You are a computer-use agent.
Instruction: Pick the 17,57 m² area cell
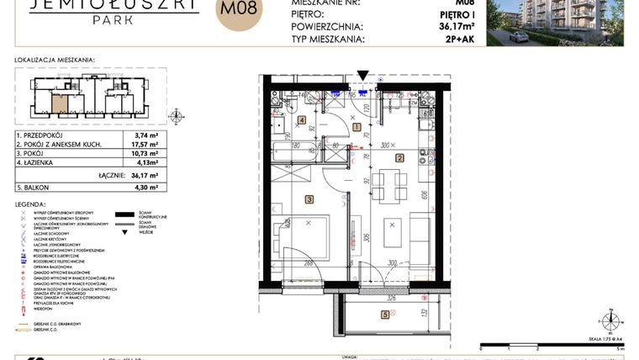coord(147,145)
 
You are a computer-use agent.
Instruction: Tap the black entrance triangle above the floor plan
coord(362,76)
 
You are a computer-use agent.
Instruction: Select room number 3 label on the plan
coord(309,199)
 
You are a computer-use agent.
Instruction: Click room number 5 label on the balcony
coord(385,315)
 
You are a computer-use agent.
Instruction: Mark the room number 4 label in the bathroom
coord(301,119)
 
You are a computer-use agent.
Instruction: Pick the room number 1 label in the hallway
coord(356,127)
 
